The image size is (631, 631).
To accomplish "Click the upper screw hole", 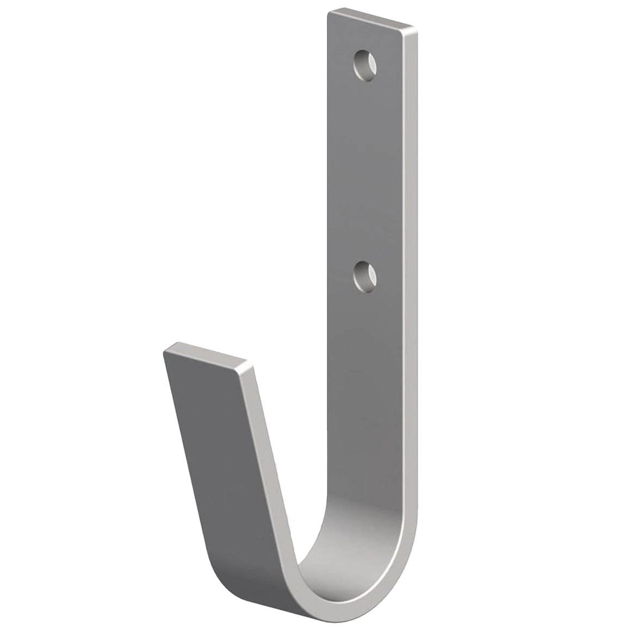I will (x=364, y=66).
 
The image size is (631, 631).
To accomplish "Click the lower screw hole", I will (x=364, y=276).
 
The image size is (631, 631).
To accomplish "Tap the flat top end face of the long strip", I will (x=373, y=20).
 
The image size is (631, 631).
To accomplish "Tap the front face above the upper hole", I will (x=364, y=38).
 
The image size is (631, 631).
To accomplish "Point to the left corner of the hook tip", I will (x=164, y=352).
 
